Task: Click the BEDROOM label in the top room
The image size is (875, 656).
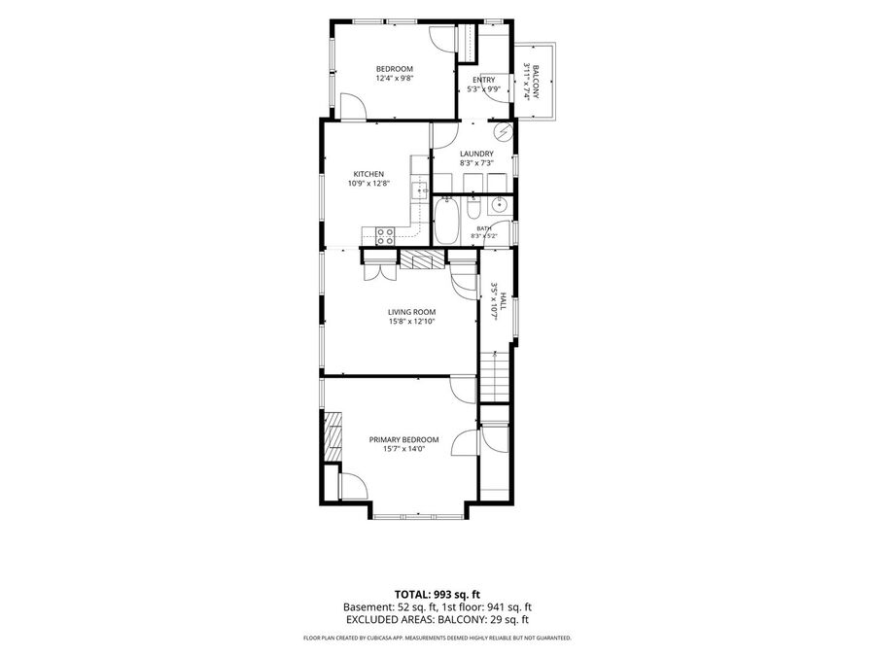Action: [394, 69]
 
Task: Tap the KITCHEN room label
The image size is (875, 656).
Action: [368, 174]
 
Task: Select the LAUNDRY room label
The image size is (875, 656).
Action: [476, 154]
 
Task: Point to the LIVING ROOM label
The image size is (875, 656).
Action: [412, 312]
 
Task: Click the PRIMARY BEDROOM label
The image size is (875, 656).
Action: [404, 439]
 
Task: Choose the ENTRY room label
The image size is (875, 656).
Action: [484, 80]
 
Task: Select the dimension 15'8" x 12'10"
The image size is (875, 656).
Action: [412, 322]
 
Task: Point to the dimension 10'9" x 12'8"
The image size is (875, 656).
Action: [368, 183]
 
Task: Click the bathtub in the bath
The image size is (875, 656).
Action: [446, 222]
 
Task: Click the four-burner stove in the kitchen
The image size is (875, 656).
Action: [384, 237]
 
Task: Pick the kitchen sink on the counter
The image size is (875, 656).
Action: [419, 190]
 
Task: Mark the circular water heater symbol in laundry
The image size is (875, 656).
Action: [505, 132]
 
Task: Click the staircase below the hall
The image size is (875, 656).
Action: [495, 377]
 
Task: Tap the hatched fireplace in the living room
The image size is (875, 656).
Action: [423, 259]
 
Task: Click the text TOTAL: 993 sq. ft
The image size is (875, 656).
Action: [437, 595]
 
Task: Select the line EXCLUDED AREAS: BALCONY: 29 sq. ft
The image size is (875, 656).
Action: [437, 620]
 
